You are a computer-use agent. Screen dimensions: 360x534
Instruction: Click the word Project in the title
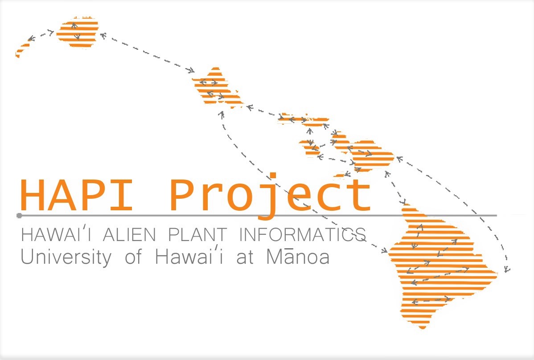point(270,196)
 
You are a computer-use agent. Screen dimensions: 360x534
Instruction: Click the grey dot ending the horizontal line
point(19,216)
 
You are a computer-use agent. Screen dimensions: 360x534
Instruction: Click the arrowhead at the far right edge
point(506,269)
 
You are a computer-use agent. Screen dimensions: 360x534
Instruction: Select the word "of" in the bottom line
point(133,257)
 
